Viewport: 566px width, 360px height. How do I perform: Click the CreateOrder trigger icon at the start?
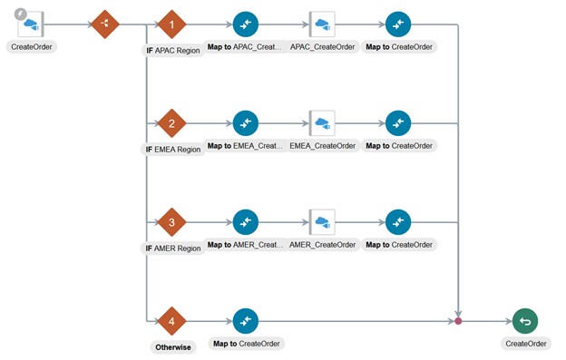tap(31, 24)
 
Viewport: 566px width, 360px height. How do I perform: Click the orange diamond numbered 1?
tap(171, 24)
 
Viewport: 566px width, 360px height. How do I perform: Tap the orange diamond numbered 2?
tap(171, 123)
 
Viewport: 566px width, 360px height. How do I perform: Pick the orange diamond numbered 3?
tap(171, 222)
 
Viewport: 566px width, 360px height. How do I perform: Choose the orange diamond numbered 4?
tap(171, 321)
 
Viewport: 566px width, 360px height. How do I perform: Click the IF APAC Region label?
tap(173, 51)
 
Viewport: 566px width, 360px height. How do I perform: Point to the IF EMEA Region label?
tap(173, 150)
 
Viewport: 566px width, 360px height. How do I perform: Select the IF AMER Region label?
tap(173, 248)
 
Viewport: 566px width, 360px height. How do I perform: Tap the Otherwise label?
tap(172, 347)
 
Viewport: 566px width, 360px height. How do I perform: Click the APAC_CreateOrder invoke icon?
tap(322, 24)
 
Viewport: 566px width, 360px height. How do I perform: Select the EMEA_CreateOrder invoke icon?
tap(322, 123)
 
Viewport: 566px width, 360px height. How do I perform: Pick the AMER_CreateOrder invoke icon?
tap(322, 222)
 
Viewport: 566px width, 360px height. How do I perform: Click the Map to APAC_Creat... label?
tap(246, 46)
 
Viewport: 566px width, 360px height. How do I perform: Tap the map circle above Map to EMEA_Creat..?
tap(246, 123)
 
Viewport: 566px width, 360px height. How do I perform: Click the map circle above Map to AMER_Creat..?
tap(246, 222)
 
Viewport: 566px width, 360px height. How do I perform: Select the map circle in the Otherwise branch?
tap(246, 321)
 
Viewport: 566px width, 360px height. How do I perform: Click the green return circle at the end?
tap(524, 321)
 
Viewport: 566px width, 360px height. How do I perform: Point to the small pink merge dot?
tap(458, 321)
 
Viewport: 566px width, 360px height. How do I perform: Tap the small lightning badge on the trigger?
tap(20, 14)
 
